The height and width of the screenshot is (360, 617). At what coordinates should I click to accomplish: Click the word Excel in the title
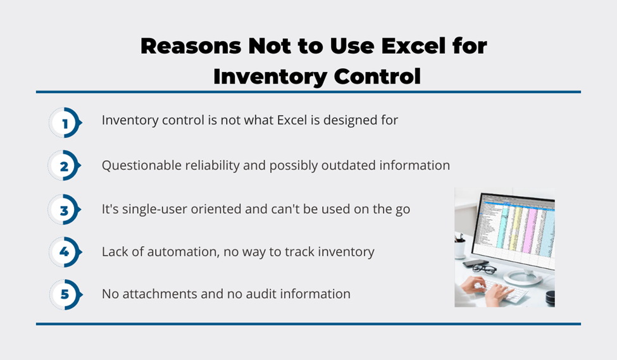[x=414, y=46]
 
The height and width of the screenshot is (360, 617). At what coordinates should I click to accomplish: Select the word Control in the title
[x=377, y=77]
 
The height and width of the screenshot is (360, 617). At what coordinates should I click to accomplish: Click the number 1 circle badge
[x=65, y=123]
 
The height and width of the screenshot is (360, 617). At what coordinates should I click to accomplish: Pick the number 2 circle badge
[x=64, y=166]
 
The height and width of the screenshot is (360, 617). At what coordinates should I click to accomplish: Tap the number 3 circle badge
[x=64, y=209]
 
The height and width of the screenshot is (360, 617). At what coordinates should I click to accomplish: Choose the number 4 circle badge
[x=65, y=252]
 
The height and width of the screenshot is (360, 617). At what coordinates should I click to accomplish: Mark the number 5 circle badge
[x=66, y=294]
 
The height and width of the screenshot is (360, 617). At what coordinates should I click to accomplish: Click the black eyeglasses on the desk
[x=484, y=270]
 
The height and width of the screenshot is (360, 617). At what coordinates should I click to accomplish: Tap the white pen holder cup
[x=459, y=248]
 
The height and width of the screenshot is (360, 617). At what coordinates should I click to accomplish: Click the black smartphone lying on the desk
[x=471, y=263]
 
